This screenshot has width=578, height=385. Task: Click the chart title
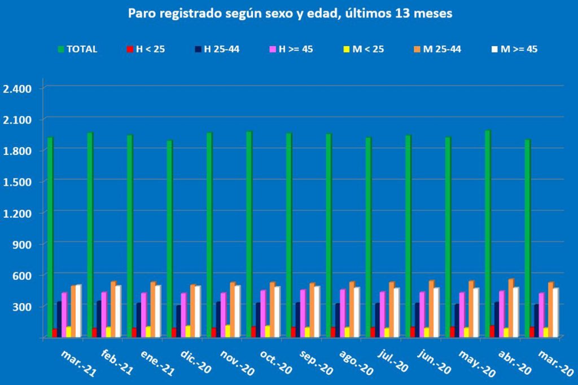tap(290, 14)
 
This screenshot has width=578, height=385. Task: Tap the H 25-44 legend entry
tap(217, 49)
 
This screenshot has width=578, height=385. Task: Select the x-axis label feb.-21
tap(117, 361)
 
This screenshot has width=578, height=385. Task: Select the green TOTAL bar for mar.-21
tap(50, 237)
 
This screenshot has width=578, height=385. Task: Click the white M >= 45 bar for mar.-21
tap(78, 311)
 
